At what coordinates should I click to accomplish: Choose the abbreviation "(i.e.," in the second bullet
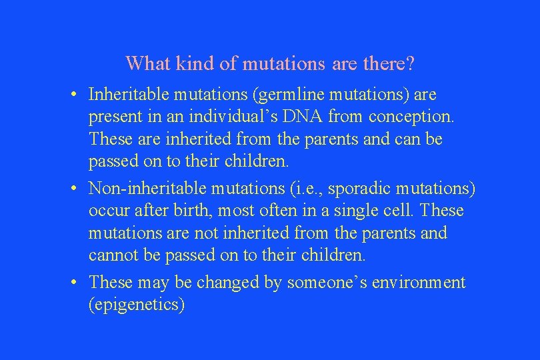tap(286, 189)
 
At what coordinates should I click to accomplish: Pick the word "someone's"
tap(321, 282)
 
